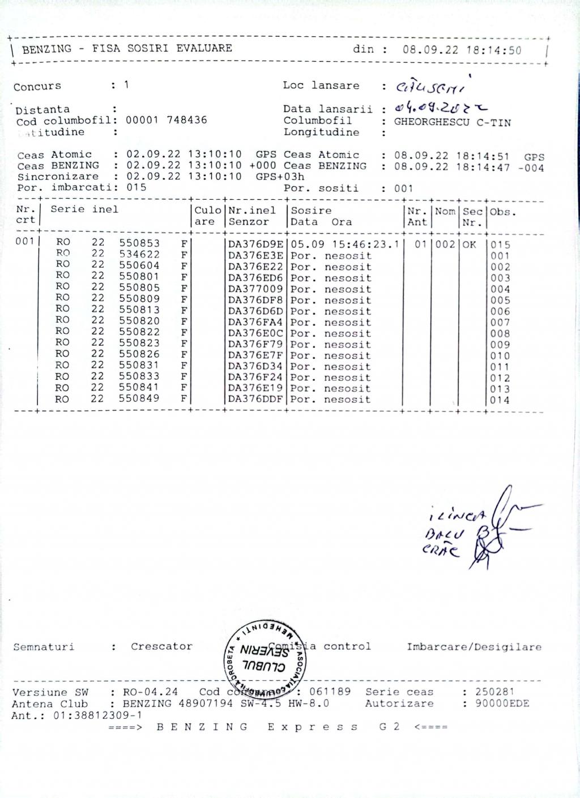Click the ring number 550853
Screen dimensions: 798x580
(139, 244)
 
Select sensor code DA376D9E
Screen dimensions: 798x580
(255, 244)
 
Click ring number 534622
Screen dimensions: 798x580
(139, 255)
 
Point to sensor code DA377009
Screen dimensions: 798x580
(255, 289)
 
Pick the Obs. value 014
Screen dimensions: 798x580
(500, 400)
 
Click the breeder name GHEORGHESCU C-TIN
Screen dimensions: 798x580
(452, 122)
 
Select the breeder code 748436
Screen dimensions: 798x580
(187, 120)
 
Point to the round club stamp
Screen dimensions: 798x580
(266, 655)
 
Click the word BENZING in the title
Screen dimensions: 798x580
(47, 49)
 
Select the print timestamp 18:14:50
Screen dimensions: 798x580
(493, 50)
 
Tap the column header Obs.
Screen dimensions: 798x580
(500, 212)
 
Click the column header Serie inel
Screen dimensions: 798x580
(84, 209)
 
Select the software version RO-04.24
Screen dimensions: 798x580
(150, 692)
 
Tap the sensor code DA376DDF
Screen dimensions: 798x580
(255, 400)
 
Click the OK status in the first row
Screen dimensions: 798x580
(469, 244)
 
